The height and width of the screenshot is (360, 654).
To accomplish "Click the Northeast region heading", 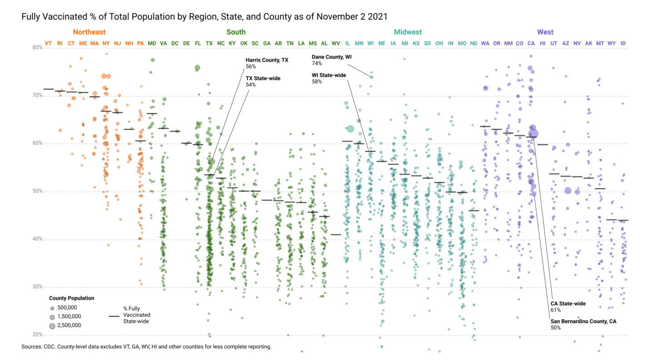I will (x=89, y=32).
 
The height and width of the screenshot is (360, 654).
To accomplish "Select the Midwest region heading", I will (x=407, y=32).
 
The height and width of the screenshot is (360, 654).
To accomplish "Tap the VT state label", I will (x=48, y=43).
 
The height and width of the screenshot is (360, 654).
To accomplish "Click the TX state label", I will (x=209, y=43).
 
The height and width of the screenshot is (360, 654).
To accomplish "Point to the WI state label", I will (x=370, y=43).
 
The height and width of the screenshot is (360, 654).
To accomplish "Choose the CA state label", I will (x=531, y=43).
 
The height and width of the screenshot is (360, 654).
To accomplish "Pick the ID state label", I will (x=623, y=43).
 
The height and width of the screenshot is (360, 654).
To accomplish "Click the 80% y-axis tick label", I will (x=37, y=47).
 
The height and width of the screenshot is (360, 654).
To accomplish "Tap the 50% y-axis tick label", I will (x=37, y=191).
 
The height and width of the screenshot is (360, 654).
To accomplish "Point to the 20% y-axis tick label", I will (x=37, y=335).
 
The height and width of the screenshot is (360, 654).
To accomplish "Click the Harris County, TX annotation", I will (x=267, y=59).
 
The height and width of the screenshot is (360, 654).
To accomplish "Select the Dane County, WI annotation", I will (x=332, y=57).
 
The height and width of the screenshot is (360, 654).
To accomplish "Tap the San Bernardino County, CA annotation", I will (x=583, y=321).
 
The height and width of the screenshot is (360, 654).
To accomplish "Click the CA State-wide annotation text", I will (x=568, y=303).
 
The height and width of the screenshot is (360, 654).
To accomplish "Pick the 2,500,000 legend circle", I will (x=52, y=325).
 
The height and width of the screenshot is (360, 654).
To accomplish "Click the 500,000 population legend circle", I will (x=52, y=308).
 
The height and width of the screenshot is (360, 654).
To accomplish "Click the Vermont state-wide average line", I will (x=48, y=89).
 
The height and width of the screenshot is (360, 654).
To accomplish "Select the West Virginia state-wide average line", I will (x=336, y=235).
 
